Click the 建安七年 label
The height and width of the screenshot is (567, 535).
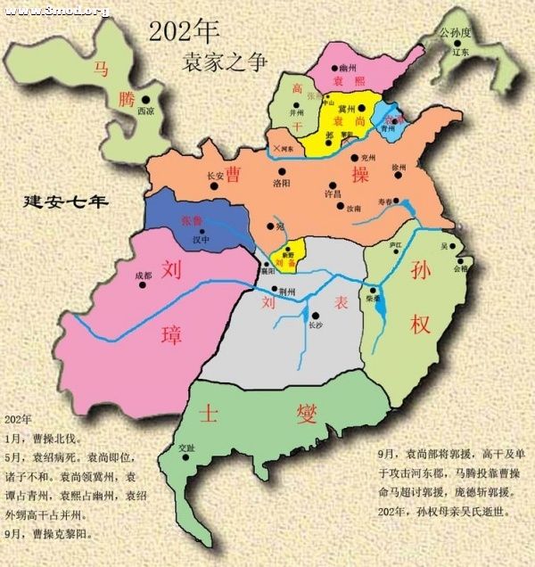(x=65, y=201)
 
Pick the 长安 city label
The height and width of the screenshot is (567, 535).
(x=214, y=176)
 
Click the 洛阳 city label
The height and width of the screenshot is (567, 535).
(x=282, y=182)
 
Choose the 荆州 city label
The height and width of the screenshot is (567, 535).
(x=286, y=291)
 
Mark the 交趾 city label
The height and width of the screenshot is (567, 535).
(x=185, y=448)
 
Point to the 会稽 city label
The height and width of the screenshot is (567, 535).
(x=460, y=267)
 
